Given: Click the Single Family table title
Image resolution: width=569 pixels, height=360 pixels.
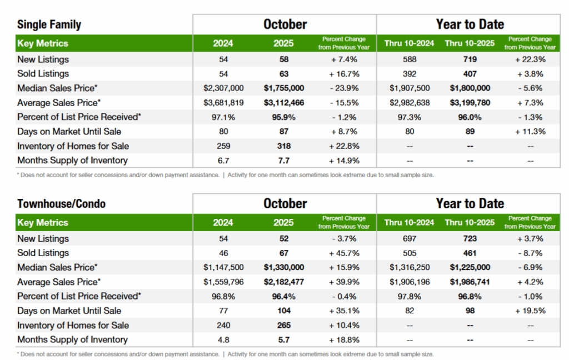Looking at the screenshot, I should pyautogui.click(x=49, y=24).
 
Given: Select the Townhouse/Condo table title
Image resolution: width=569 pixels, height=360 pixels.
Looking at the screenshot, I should pyautogui.click(x=61, y=203).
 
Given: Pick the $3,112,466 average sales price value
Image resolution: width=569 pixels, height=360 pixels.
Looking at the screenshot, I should pyautogui.click(x=283, y=103).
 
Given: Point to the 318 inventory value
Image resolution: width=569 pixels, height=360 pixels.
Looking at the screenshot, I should pyautogui.click(x=283, y=146).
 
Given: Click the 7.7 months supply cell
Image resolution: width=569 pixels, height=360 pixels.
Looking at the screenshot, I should pyautogui.click(x=283, y=161).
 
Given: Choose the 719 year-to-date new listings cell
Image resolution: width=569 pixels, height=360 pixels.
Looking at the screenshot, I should pyautogui.click(x=470, y=59).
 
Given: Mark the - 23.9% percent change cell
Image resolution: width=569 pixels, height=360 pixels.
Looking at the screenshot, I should pyautogui.click(x=343, y=88).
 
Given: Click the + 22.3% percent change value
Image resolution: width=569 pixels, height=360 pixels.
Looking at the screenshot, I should pyautogui.click(x=530, y=59).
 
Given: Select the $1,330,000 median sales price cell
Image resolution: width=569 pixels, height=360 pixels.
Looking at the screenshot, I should pyautogui.click(x=283, y=268).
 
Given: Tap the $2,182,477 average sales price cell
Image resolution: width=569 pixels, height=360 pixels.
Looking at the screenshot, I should pyautogui.click(x=283, y=282).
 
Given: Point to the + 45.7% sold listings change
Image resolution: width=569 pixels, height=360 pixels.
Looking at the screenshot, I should pyautogui.click(x=343, y=253).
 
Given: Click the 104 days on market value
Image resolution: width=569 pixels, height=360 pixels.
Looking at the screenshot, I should pyautogui.click(x=283, y=311).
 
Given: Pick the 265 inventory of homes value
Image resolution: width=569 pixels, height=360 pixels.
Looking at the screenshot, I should pyautogui.click(x=283, y=326).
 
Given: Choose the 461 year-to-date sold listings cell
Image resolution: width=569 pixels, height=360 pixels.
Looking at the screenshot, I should pyautogui.click(x=470, y=253).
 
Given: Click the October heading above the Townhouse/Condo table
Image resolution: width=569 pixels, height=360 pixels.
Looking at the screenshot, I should pyautogui.click(x=284, y=203).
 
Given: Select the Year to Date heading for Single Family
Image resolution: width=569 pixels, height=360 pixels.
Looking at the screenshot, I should pyautogui.click(x=470, y=24).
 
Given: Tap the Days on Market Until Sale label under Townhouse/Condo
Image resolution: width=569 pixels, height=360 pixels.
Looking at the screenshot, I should pyautogui.click(x=69, y=311).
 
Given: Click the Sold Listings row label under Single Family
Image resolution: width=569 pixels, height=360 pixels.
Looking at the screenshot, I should pyautogui.click(x=43, y=74).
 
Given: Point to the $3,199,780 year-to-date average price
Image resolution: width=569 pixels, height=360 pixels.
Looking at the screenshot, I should pyautogui.click(x=470, y=103).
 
